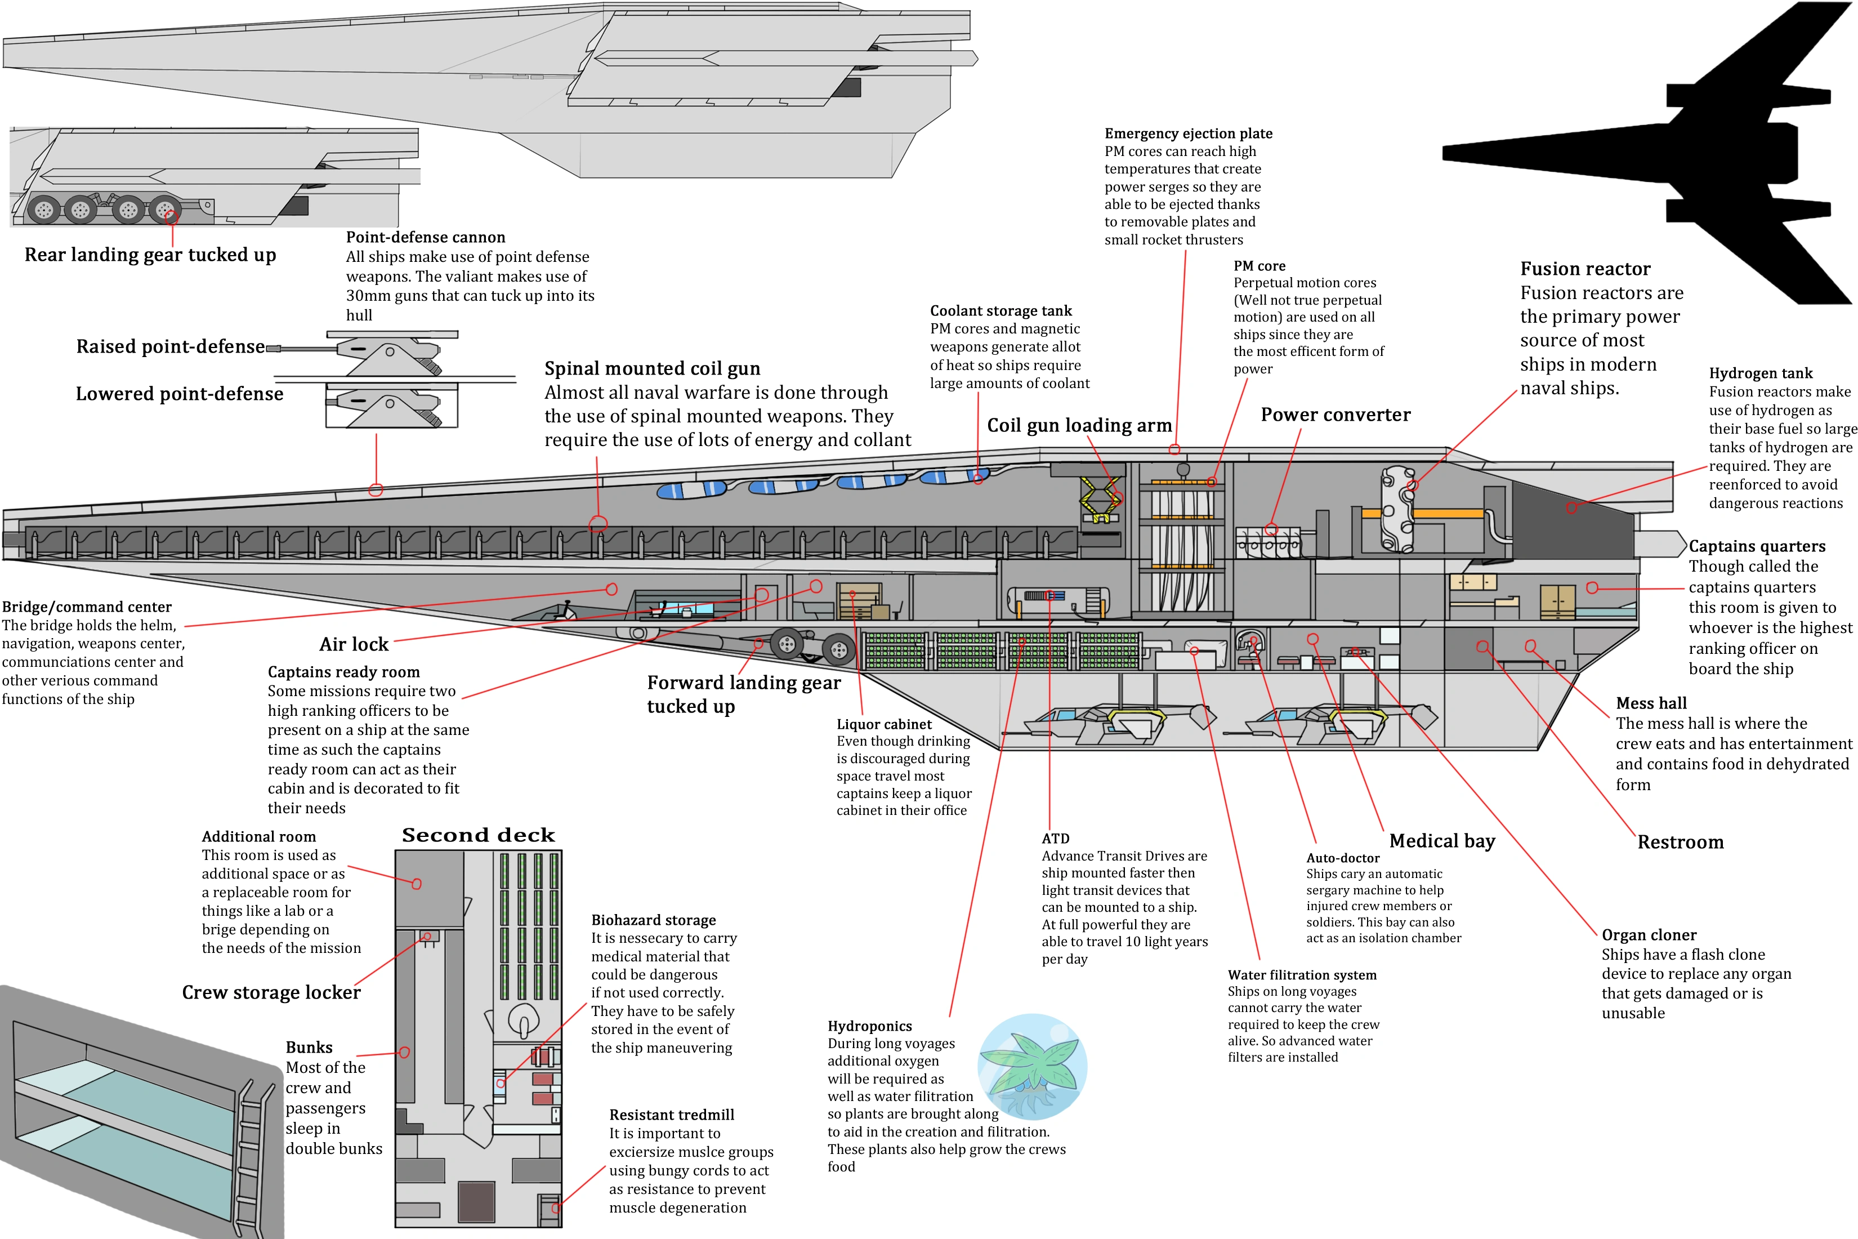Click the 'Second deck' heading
pos(478,835)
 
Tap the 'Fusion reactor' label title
pos(1585,269)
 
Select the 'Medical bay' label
pos(1442,841)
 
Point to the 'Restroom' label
pos(1680,843)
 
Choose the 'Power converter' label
pos(1335,415)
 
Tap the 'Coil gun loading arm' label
pos(1079,425)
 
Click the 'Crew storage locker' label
pos(271,992)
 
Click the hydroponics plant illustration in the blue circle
pos(1031,1066)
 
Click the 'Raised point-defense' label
pos(171,347)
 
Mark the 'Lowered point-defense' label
pos(179,394)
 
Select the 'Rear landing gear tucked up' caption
pos(150,255)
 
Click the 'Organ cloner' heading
pos(1649,935)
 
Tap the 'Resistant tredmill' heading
pos(672,1115)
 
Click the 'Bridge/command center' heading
pos(86,607)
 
